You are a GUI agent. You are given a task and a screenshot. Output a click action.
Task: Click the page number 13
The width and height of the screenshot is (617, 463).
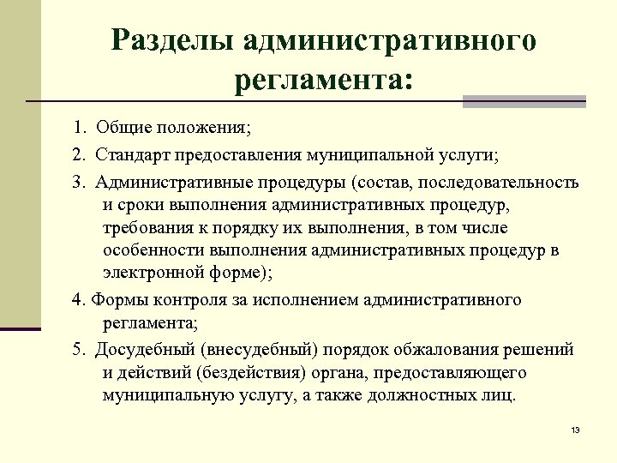(575, 429)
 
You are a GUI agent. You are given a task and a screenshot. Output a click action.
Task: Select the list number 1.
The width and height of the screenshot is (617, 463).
(79, 129)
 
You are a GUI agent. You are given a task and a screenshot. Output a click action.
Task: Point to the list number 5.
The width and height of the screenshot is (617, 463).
(79, 350)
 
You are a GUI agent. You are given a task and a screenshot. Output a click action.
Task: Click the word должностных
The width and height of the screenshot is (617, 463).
(444, 395)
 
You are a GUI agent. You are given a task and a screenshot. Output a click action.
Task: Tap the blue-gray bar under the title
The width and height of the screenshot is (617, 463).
(524, 102)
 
